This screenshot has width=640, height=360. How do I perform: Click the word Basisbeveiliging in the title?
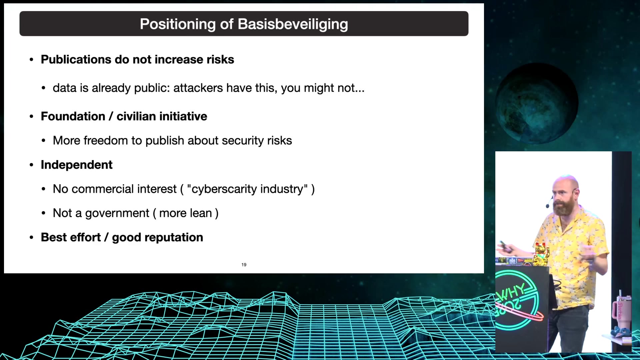293,24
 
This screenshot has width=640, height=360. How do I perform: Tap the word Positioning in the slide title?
178,24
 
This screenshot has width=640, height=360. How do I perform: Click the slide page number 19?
244,265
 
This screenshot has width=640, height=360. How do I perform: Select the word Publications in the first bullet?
76,60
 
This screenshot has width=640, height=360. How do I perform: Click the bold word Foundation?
73,116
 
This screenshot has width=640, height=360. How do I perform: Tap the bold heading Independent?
77,165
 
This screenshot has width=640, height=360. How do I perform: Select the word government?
117,213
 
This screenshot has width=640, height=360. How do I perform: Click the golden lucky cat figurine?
541,254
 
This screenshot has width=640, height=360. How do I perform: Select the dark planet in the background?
538,103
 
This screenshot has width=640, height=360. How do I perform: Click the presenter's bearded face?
563,197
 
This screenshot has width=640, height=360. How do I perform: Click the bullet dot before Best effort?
32,238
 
